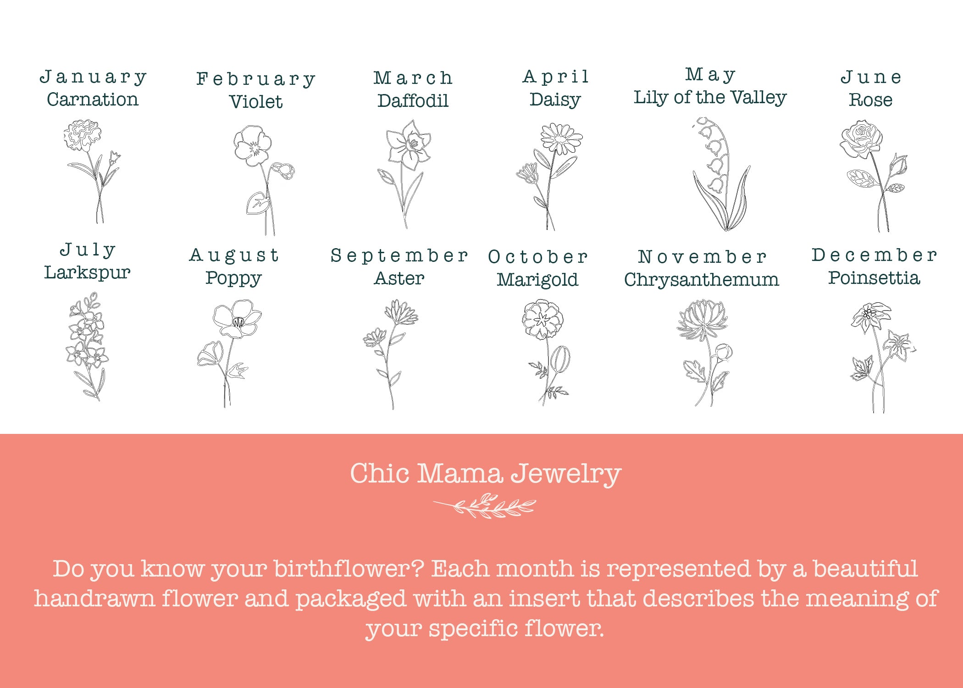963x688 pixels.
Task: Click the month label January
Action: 93,77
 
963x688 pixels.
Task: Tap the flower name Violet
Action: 256,101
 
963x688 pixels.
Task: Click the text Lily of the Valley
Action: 710,97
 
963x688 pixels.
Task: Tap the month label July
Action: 88,250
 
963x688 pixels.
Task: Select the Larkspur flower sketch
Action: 88,347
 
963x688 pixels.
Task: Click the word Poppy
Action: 233,278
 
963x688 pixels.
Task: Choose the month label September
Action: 399,255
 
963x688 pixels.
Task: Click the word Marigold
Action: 537,280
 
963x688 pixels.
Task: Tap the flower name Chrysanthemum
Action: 702,279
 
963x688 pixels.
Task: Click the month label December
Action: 874,255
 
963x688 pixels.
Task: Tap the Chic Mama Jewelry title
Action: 485,473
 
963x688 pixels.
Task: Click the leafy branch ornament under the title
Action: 485,505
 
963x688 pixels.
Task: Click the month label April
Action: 556,77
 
